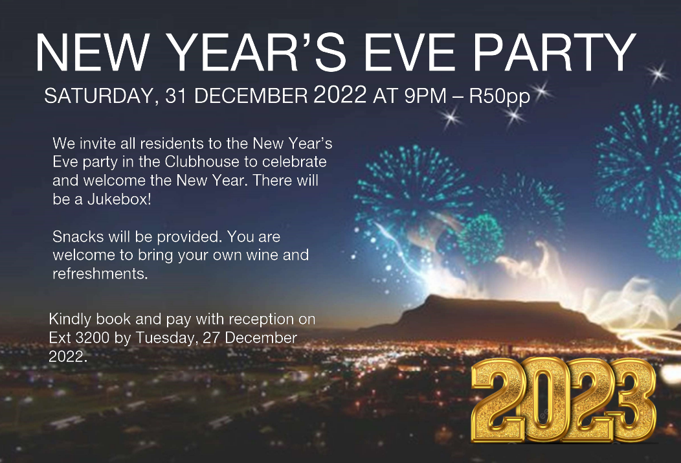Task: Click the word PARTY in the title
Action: pos(555,52)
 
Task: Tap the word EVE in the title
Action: pos(409,52)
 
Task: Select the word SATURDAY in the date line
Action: pos(99,96)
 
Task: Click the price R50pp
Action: pos(500,96)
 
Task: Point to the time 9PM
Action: pos(425,96)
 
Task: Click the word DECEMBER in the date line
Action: pos(251,96)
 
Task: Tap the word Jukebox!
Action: pos(120,199)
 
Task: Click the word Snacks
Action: pos(78,237)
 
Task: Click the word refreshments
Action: pos(100,274)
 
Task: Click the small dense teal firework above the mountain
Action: pos(481,238)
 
